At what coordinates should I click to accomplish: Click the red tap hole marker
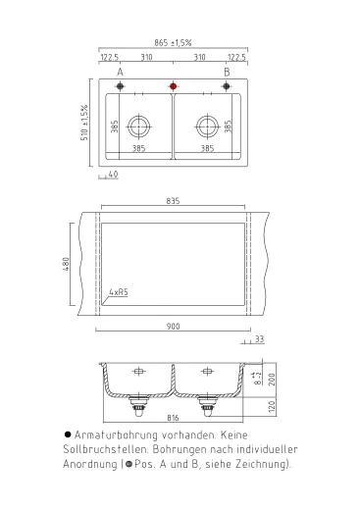tap(174, 86)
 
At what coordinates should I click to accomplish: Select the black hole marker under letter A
tap(121, 86)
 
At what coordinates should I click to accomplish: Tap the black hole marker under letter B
tap(227, 86)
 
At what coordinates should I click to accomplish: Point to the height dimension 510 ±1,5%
tap(85, 123)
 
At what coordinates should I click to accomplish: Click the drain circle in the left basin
tap(142, 126)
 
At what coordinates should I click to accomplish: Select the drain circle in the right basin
tap(206, 126)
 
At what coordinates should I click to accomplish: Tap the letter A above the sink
tap(121, 73)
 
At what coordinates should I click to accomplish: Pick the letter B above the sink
tap(227, 73)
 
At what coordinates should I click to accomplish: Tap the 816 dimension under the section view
tap(173, 417)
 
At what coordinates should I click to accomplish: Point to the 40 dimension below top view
tap(114, 175)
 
